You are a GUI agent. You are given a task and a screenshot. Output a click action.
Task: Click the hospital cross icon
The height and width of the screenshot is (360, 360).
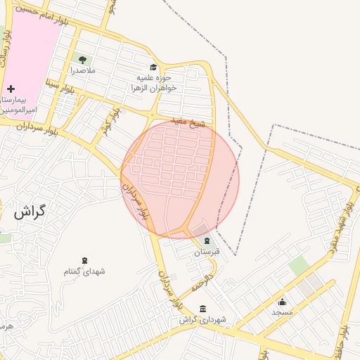coord(11,89)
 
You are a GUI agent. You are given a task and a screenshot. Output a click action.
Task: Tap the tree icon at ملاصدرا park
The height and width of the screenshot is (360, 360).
coord(83,60)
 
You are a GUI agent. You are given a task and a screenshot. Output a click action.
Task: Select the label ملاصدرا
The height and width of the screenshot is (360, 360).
coord(83,71)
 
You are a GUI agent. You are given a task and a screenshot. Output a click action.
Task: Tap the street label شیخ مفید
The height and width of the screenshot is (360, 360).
coord(191,124)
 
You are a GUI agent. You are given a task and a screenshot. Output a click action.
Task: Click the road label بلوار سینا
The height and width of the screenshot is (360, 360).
coord(59,89)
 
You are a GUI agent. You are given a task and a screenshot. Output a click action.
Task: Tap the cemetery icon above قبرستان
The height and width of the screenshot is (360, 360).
coord(207,240)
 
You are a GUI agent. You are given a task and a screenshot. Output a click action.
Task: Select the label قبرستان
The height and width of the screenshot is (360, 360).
coord(207,252)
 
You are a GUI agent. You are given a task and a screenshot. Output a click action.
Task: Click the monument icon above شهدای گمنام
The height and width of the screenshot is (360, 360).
coord(85,261)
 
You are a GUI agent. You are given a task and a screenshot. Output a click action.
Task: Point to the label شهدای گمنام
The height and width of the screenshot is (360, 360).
coord(84,271)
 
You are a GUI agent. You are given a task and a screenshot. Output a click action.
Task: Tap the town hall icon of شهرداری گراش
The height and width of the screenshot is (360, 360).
coord(203,309)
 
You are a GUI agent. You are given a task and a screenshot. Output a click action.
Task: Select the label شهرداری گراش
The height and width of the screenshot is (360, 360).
coord(203,320)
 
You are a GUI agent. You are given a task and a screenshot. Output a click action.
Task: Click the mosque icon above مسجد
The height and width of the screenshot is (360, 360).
coord(283,301)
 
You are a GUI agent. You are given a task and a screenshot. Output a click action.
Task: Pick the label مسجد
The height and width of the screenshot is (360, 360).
coord(283,311)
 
